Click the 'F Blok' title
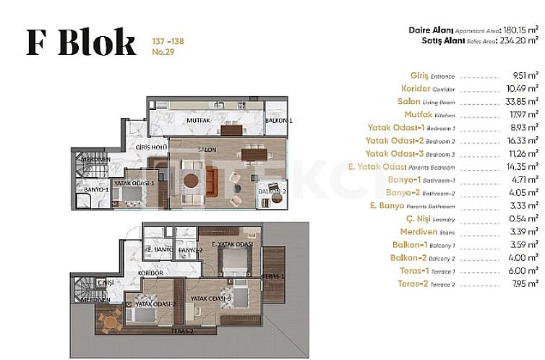80,43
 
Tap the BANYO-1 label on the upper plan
97,190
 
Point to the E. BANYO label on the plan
157,250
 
